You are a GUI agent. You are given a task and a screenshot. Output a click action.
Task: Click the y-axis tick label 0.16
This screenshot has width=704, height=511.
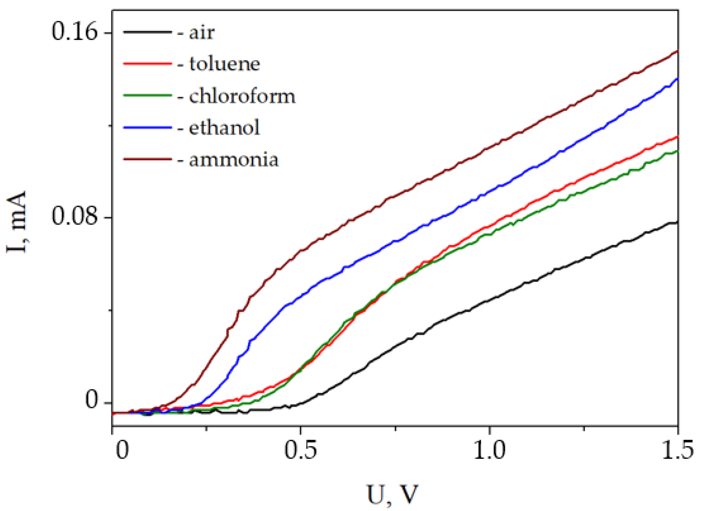click(x=75, y=32)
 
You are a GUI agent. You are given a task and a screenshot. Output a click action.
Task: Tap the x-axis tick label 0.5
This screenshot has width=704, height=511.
click(x=300, y=450)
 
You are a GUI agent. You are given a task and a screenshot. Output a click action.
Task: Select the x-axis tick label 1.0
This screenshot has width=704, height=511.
click(x=489, y=450)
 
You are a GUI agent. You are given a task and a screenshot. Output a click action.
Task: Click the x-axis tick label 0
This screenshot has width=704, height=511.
click(x=122, y=450)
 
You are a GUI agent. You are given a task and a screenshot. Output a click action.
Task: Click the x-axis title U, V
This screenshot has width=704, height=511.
click(x=393, y=494)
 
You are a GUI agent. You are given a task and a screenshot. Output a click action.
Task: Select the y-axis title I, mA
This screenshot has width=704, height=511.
click(x=17, y=222)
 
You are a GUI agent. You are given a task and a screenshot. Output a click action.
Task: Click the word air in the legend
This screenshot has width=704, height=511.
click(x=201, y=33)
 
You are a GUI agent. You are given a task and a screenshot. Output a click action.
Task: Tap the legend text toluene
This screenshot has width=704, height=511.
click(x=224, y=64)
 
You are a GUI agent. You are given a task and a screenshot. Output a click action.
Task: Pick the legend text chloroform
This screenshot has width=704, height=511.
click(x=242, y=96)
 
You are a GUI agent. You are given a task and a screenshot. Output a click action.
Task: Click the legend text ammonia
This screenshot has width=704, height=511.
click(x=233, y=160)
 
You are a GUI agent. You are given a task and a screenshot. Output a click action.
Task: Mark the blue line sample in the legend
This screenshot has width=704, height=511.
click(x=147, y=128)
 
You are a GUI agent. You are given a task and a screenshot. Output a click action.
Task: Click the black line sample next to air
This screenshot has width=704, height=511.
click(x=147, y=32)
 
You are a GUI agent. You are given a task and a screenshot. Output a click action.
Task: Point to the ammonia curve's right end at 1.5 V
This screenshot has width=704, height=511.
click(x=677, y=52)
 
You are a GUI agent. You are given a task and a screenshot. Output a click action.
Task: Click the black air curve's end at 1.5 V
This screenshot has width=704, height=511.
click(x=677, y=222)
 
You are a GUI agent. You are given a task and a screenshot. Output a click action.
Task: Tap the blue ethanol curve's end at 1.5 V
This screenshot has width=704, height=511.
click(x=677, y=79)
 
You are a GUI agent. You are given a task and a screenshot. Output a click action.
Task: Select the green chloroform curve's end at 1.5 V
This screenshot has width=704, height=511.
click(x=677, y=151)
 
